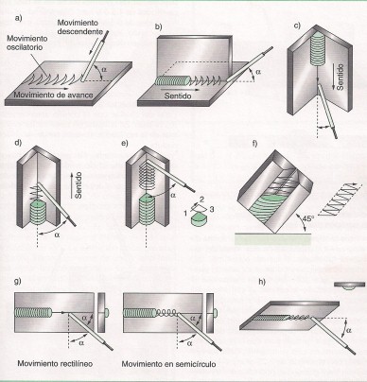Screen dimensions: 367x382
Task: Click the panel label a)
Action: pyautogui.click(x=19, y=19)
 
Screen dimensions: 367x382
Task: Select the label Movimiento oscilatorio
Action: pyautogui.click(x=27, y=43)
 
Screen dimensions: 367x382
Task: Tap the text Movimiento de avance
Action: pyautogui.click(x=54, y=95)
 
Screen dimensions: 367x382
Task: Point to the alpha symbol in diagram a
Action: pyautogui.click(x=104, y=69)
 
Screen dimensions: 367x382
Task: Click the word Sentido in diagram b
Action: pyautogui.click(x=178, y=95)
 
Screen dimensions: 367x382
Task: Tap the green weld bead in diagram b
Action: pyautogui.click(x=172, y=81)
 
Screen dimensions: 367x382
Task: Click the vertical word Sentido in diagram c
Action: pyautogui.click(x=340, y=77)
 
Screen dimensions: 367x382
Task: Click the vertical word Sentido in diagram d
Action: pyautogui.click(x=79, y=185)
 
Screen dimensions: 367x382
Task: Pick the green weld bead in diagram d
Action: pyautogui.click(x=38, y=212)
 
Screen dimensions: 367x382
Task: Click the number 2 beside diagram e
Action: pyautogui.click(x=202, y=200)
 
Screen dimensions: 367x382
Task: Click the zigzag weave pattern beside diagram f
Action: pyautogui.click(x=339, y=200)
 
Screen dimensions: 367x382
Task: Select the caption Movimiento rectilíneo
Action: pyautogui.click(x=55, y=363)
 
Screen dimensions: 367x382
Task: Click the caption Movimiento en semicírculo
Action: pyautogui.click(x=169, y=364)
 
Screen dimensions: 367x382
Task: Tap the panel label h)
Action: pyautogui.click(x=262, y=282)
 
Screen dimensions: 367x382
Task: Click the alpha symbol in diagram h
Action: pyautogui.click(x=349, y=331)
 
